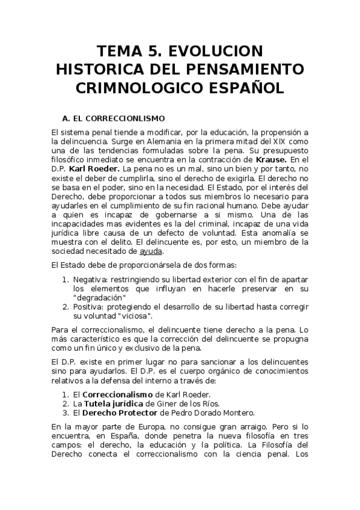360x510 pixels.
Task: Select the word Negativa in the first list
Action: (89, 280)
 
